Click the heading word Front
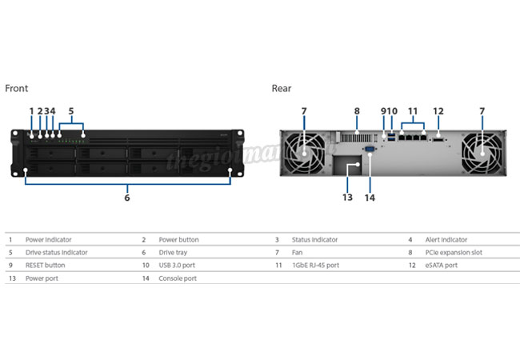tap(17, 89)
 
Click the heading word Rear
tap(282, 89)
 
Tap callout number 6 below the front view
tap(127, 198)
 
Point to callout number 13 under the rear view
tap(347, 198)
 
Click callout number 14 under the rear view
tap(370, 198)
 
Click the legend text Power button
tap(178, 239)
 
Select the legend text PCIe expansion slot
tap(454, 252)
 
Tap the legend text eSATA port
tap(441, 265)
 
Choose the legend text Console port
tap(177, 278)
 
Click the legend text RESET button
tap(45, 265)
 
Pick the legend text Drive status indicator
tap(56, 252)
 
